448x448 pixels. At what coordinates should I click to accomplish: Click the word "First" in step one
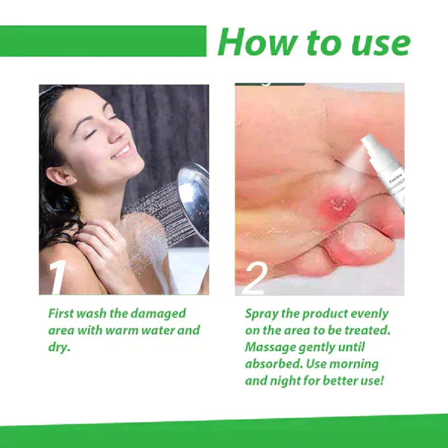tap(62, 313)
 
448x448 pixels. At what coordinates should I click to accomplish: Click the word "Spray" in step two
tap(262, 313)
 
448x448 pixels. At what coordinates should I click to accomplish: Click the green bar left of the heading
tap(103, 41)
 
